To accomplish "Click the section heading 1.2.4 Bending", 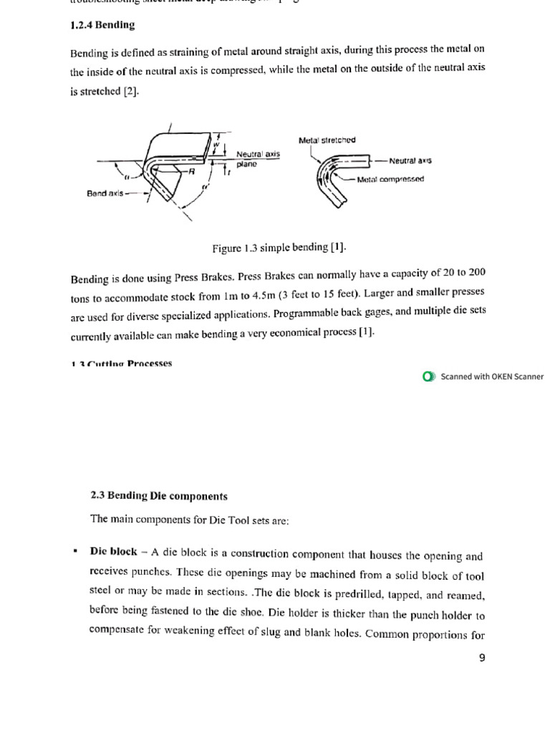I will [102, 25].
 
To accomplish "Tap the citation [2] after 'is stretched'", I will [130, 92].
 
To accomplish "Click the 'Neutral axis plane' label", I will [257, 159].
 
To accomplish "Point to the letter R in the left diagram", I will [191, 171].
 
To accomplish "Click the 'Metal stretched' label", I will [327, 140].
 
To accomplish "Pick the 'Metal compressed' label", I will [390, 179].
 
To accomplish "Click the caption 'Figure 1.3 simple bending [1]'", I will [279, 248].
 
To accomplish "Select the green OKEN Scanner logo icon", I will [428, 377].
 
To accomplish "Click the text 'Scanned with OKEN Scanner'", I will [492, 377].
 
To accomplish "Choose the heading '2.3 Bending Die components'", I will [159, 495].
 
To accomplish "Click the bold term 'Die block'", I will [113, 552].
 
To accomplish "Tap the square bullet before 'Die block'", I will [75, 551].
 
